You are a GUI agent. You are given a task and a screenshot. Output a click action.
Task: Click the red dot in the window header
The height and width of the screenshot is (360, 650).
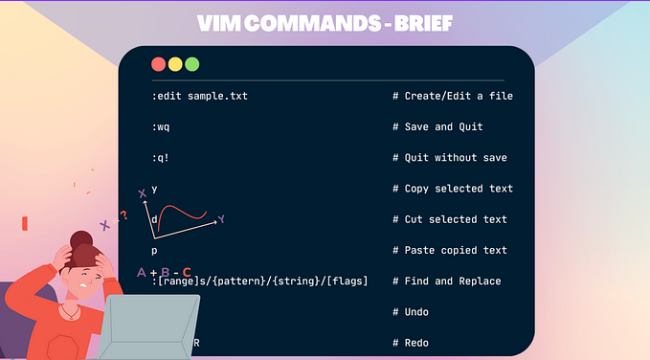point(159,64)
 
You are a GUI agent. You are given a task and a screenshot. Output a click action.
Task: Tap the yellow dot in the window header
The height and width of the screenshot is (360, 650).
point(175,64)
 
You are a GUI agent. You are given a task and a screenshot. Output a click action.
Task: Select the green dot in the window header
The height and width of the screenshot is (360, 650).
point(192,64)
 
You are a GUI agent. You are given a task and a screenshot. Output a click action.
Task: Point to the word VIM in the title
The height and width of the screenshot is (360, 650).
point(218,22)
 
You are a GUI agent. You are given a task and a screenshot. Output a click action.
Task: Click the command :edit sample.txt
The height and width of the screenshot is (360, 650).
point(199,96)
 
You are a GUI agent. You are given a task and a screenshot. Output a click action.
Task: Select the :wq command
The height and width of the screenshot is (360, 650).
point(161,126)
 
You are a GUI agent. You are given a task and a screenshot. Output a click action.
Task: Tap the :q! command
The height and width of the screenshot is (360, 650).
point(161,157)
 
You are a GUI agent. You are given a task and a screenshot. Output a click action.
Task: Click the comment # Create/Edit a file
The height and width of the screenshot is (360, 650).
point(452,96)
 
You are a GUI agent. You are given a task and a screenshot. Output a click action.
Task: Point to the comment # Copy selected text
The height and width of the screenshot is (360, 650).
point(452,189)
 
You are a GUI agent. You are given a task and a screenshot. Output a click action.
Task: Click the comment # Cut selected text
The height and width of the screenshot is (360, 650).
point(449,219)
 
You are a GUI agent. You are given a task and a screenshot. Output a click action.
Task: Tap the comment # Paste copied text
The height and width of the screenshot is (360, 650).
point(449,250)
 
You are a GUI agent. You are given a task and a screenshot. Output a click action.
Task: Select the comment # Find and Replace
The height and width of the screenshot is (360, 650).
point(446,281)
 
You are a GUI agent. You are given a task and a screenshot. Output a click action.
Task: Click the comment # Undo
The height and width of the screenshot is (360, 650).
point(414,312)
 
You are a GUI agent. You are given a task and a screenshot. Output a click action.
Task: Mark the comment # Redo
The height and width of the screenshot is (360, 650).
point(414,343)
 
